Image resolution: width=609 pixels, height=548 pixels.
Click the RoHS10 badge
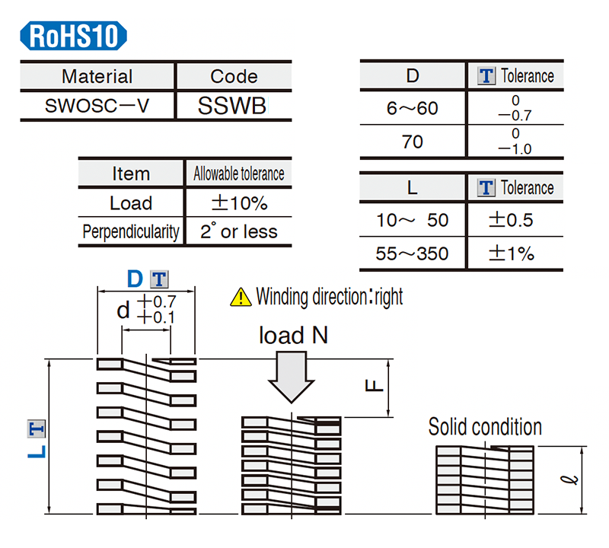74,36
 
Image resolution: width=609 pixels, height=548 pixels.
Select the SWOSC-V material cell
97,105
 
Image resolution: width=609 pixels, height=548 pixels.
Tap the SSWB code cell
232,106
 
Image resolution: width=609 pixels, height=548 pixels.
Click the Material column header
97,76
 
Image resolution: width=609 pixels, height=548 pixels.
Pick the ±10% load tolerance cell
238,203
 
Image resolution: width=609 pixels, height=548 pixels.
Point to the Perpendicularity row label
131,231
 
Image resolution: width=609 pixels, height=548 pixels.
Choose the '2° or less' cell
238,231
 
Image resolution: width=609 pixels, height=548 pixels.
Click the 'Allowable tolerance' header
238,174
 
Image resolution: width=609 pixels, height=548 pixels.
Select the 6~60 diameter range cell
412,108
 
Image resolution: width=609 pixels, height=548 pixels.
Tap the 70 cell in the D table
412,142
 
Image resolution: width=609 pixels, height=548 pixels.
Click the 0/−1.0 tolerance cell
515,142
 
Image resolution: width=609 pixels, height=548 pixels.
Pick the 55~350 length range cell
412,253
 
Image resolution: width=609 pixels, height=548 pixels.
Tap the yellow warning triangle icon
241,297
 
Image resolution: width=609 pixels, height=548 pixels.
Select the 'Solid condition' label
485,426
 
